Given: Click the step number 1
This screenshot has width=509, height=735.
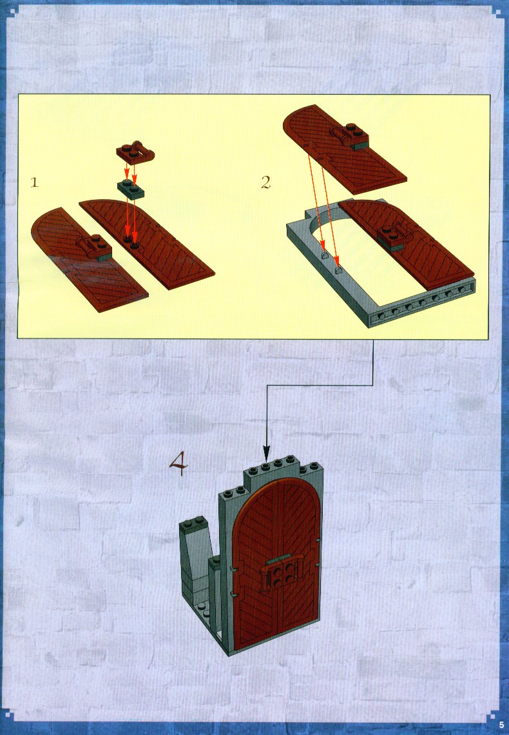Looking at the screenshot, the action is (34, 182).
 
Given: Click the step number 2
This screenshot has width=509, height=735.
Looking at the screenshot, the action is (265, 182).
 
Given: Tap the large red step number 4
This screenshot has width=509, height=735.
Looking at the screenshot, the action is (178, 463).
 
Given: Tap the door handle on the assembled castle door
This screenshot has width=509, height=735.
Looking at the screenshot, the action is (279, 573).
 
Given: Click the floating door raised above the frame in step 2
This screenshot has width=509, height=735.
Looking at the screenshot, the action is (344, 148).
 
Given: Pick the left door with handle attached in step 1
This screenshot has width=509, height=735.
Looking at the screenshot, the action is (89, 253).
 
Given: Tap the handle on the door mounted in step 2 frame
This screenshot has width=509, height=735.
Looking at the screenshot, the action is (396, 235).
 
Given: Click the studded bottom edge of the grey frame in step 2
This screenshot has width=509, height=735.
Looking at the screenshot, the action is (421, 305).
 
